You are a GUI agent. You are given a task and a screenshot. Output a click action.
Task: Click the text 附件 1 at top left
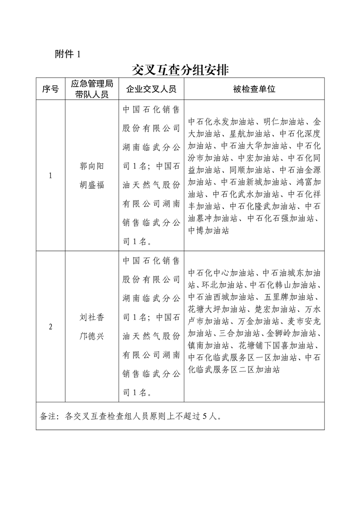(67, 54)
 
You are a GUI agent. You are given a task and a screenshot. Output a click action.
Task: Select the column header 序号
(50, 89)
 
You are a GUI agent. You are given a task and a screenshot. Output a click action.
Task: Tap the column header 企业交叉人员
(151, 89)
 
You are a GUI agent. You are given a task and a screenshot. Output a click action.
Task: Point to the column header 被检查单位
(254, 89)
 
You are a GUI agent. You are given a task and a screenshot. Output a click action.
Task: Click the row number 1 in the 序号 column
(50, 176)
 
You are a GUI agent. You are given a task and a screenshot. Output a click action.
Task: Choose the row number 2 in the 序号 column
(50, 327)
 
